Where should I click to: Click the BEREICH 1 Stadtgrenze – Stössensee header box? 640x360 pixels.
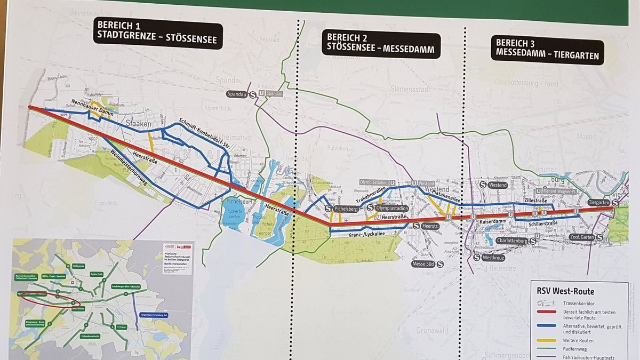pos(158,33)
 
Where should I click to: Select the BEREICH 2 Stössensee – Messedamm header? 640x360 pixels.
pos(381,45)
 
